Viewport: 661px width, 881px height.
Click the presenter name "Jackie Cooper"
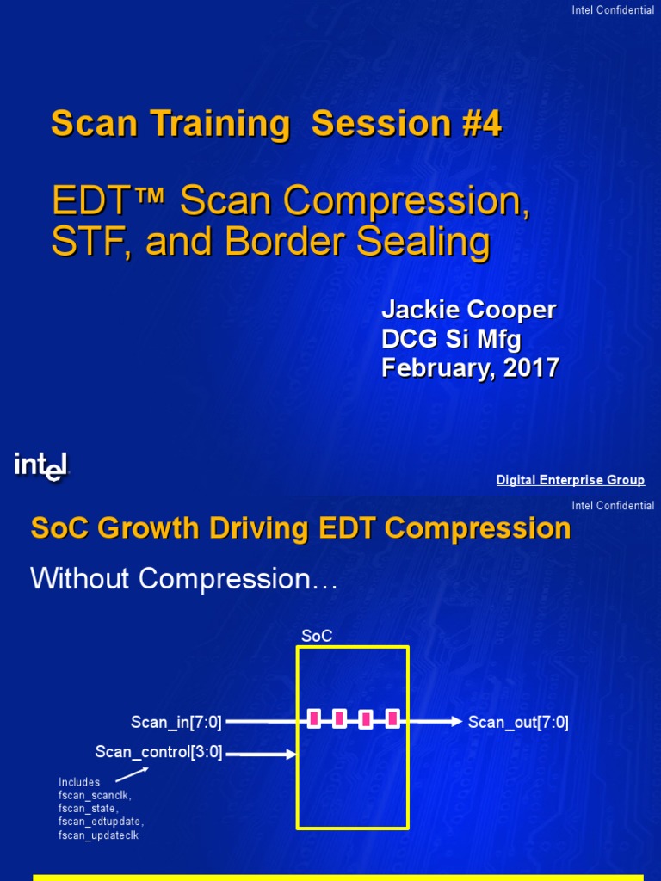(x=468, y=311)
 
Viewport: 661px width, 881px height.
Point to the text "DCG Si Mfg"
(x=451, y=339)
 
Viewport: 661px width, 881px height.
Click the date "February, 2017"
(x=470, y=368)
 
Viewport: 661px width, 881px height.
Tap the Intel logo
(x=41, y=466)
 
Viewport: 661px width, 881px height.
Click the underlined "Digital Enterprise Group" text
(x=570, y=480)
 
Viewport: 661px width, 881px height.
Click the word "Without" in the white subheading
(x=79, y=579)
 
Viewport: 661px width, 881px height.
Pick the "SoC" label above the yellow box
(x=316, y=636)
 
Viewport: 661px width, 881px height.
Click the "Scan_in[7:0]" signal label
(x=176, y=722)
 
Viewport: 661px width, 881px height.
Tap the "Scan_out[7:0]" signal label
(x=518, y=722)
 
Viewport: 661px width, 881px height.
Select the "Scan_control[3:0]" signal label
(x=158, y=752)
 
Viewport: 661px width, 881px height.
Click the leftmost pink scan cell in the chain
(x=314, y=718)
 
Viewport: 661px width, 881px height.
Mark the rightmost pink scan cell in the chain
(x=392, y=718)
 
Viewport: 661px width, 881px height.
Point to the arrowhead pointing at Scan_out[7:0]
(x=456, y=721)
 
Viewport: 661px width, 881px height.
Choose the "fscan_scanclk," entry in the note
(x=94, y=796)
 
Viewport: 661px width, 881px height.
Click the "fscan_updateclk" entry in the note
(x=97, y=835)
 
